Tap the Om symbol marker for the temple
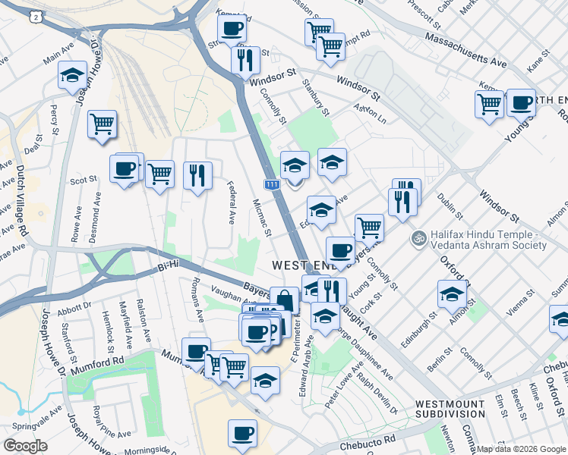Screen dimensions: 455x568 click(x=416, y=239)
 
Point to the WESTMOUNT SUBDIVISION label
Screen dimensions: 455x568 click(x=450, y=409)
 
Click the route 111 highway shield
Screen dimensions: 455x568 click(x=272, y=184)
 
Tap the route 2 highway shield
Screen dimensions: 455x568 click(x=35, y=16)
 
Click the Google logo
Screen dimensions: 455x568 click(x=26, y=446)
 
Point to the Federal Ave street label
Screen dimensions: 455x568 click(x=232, y=202)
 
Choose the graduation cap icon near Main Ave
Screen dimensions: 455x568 click(x=71, y=74)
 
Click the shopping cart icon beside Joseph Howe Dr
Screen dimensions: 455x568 click(x=101, y=123)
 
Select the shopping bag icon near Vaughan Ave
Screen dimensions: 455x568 click(x=284, y=300)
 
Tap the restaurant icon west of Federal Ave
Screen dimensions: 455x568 click(x=197, y=175)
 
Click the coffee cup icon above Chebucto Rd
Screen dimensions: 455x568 click(x=242, y=433)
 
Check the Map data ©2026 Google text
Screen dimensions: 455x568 click(x=521, y=449)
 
